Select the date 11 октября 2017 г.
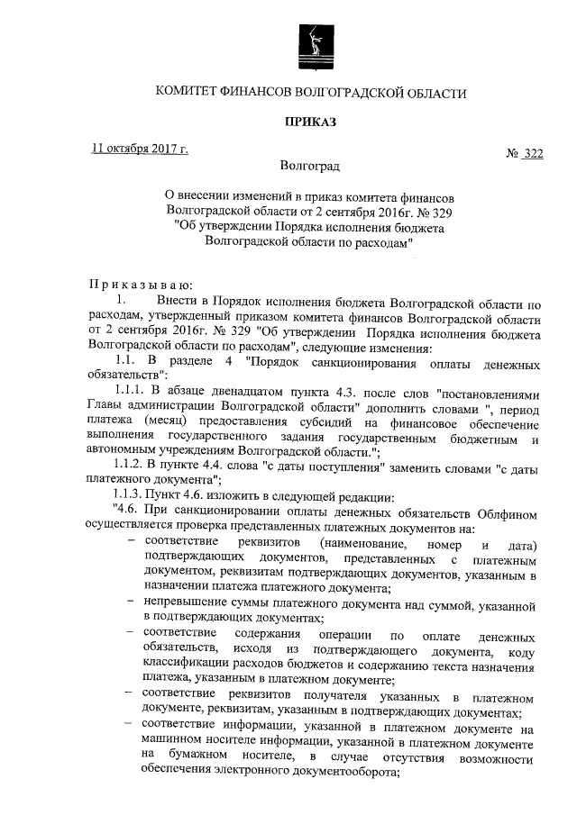[x=141, y=149]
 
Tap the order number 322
[x=533, y=154]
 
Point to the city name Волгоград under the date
[x=311, y=168]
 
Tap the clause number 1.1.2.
[x=128, y=462]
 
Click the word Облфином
[x=511, y=512]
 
